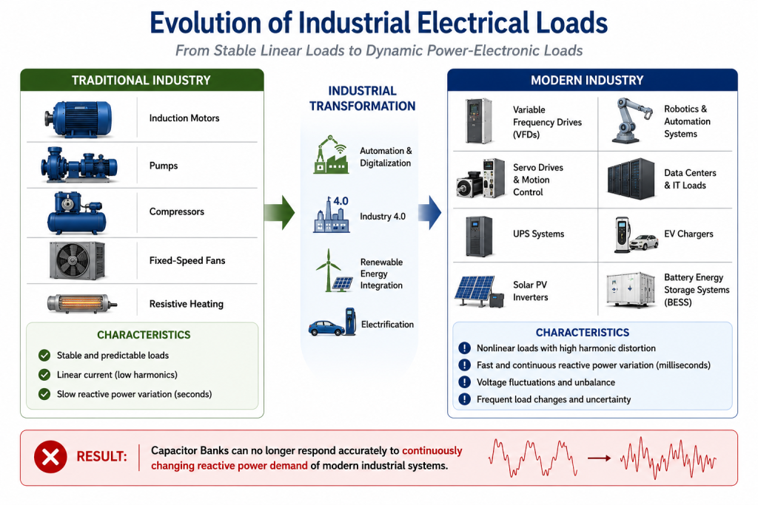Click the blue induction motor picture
tap(78, 119)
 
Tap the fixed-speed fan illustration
tap(77, 261)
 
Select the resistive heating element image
tap(81, 304)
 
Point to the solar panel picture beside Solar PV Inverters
tap(475, 291)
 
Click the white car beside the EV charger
tap(643, 242)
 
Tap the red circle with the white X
tap(50, 457)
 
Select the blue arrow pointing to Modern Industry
tap(430, 212)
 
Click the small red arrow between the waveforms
tap(599, 458)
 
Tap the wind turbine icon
tap(328, 269)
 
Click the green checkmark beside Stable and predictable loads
tap(44, 356)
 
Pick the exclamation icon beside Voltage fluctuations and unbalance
tap(465, 382)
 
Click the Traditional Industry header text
tap(141, 80)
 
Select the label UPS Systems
tap(539, 234)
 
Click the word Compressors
tap(176, 211)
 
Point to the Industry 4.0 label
tap(383, 217)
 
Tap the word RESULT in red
tap(101, 456)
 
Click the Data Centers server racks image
tap(631, 179)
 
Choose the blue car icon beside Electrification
tap(327, 328)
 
